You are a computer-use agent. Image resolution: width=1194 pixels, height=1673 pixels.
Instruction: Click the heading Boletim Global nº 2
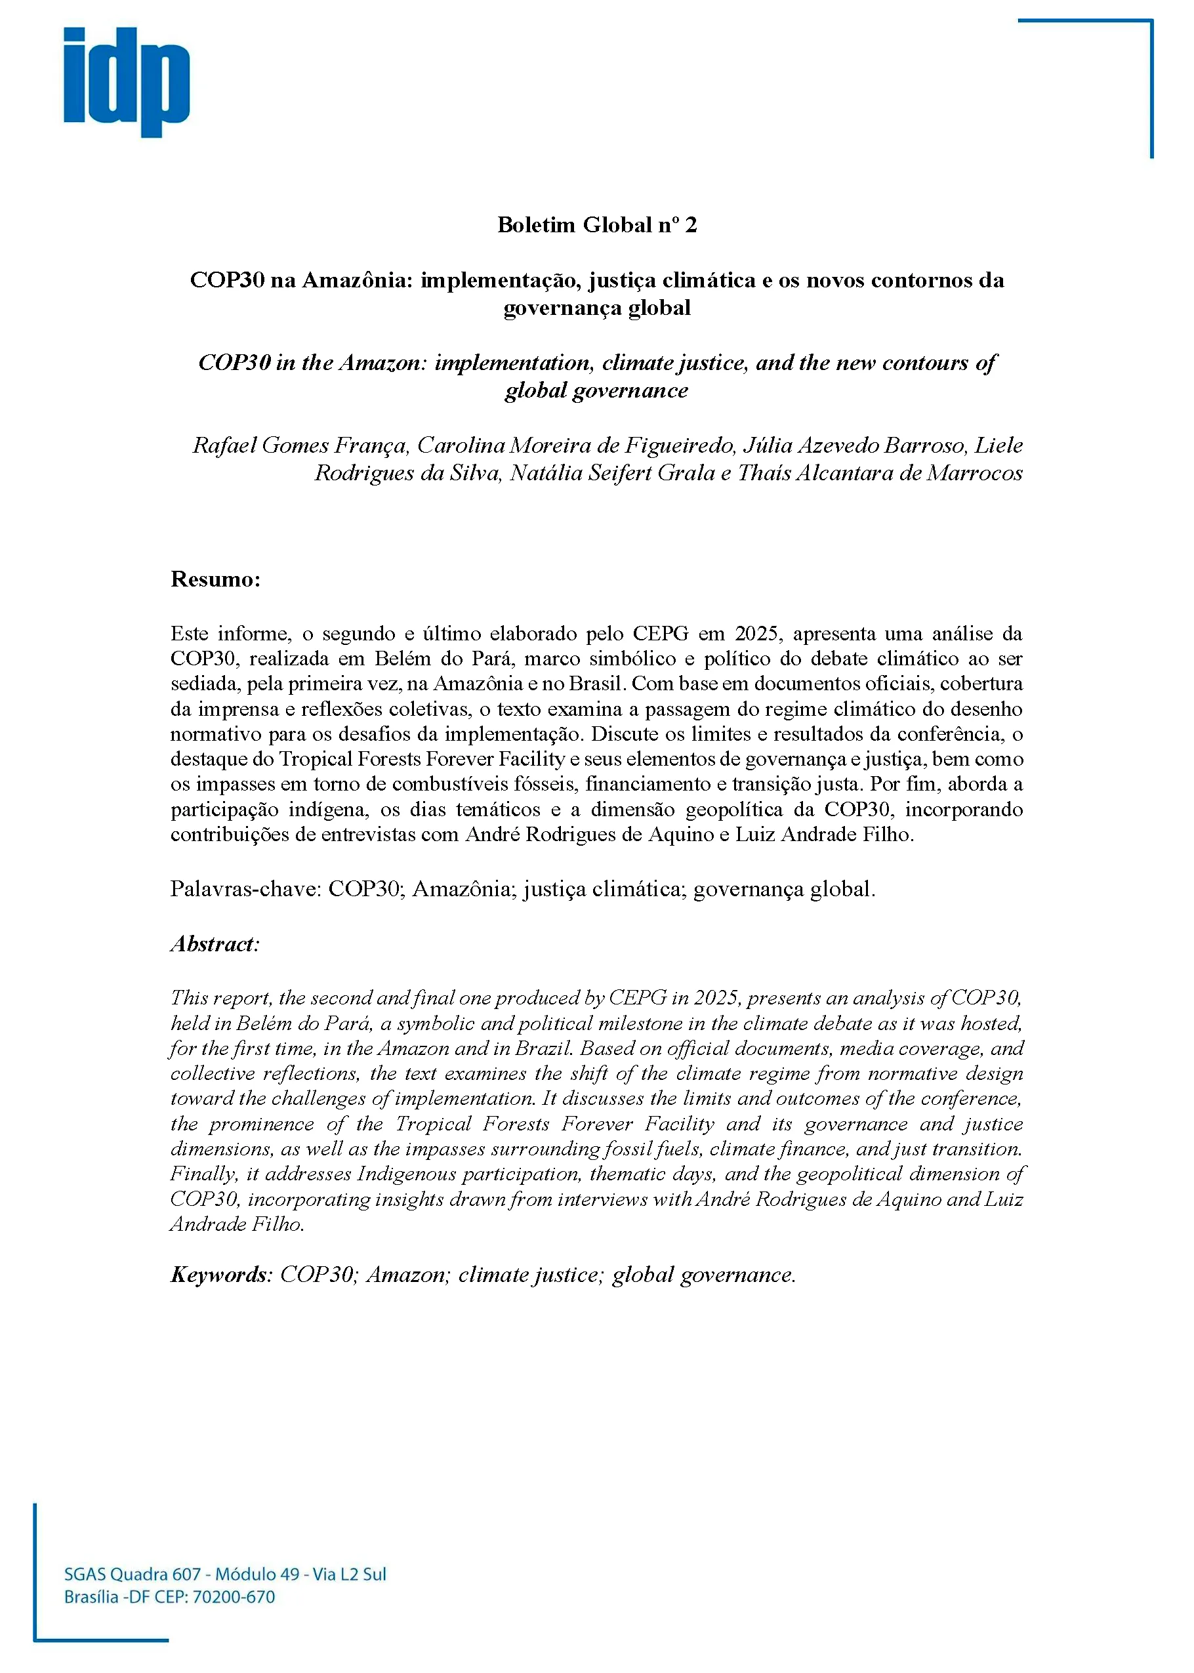point(596,225)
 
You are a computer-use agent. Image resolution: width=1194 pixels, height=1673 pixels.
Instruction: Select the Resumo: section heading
point(215,579)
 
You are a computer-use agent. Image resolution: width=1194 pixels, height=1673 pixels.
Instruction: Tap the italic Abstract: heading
point(215,944)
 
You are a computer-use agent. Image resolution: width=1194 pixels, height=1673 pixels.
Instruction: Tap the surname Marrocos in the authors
point(974,474)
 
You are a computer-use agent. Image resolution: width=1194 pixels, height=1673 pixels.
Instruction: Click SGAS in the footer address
point(85,1575)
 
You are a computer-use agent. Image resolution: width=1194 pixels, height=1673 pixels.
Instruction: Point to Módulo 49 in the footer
point(257,1575)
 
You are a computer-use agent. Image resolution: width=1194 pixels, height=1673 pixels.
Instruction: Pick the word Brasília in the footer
point(91,1598)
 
